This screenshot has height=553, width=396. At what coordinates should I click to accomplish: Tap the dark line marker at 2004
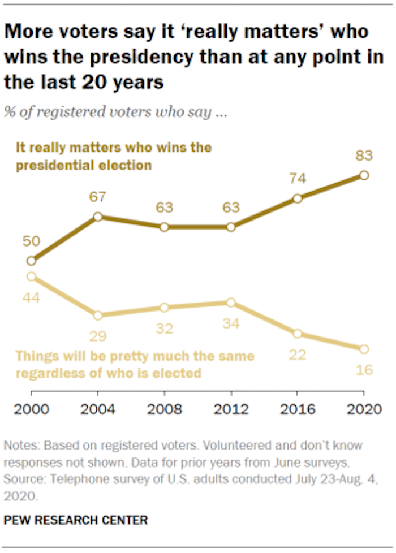click(x=98, y=217)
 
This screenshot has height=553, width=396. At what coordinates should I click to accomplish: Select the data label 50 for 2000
click(x=31, y=242)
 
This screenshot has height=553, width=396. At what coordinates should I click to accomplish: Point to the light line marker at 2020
click(x=364, y=349)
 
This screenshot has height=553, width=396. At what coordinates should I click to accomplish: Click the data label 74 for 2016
click(x=297, y=179)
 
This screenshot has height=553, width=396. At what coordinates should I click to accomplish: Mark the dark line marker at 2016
click(x=297, y=198)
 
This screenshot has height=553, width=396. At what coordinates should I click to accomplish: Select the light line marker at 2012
click(x=231, y=303)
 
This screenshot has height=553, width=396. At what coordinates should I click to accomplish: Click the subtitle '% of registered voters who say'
click(x=115, y=111)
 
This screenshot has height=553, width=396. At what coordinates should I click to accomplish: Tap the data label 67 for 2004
click(x=98, y=198)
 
